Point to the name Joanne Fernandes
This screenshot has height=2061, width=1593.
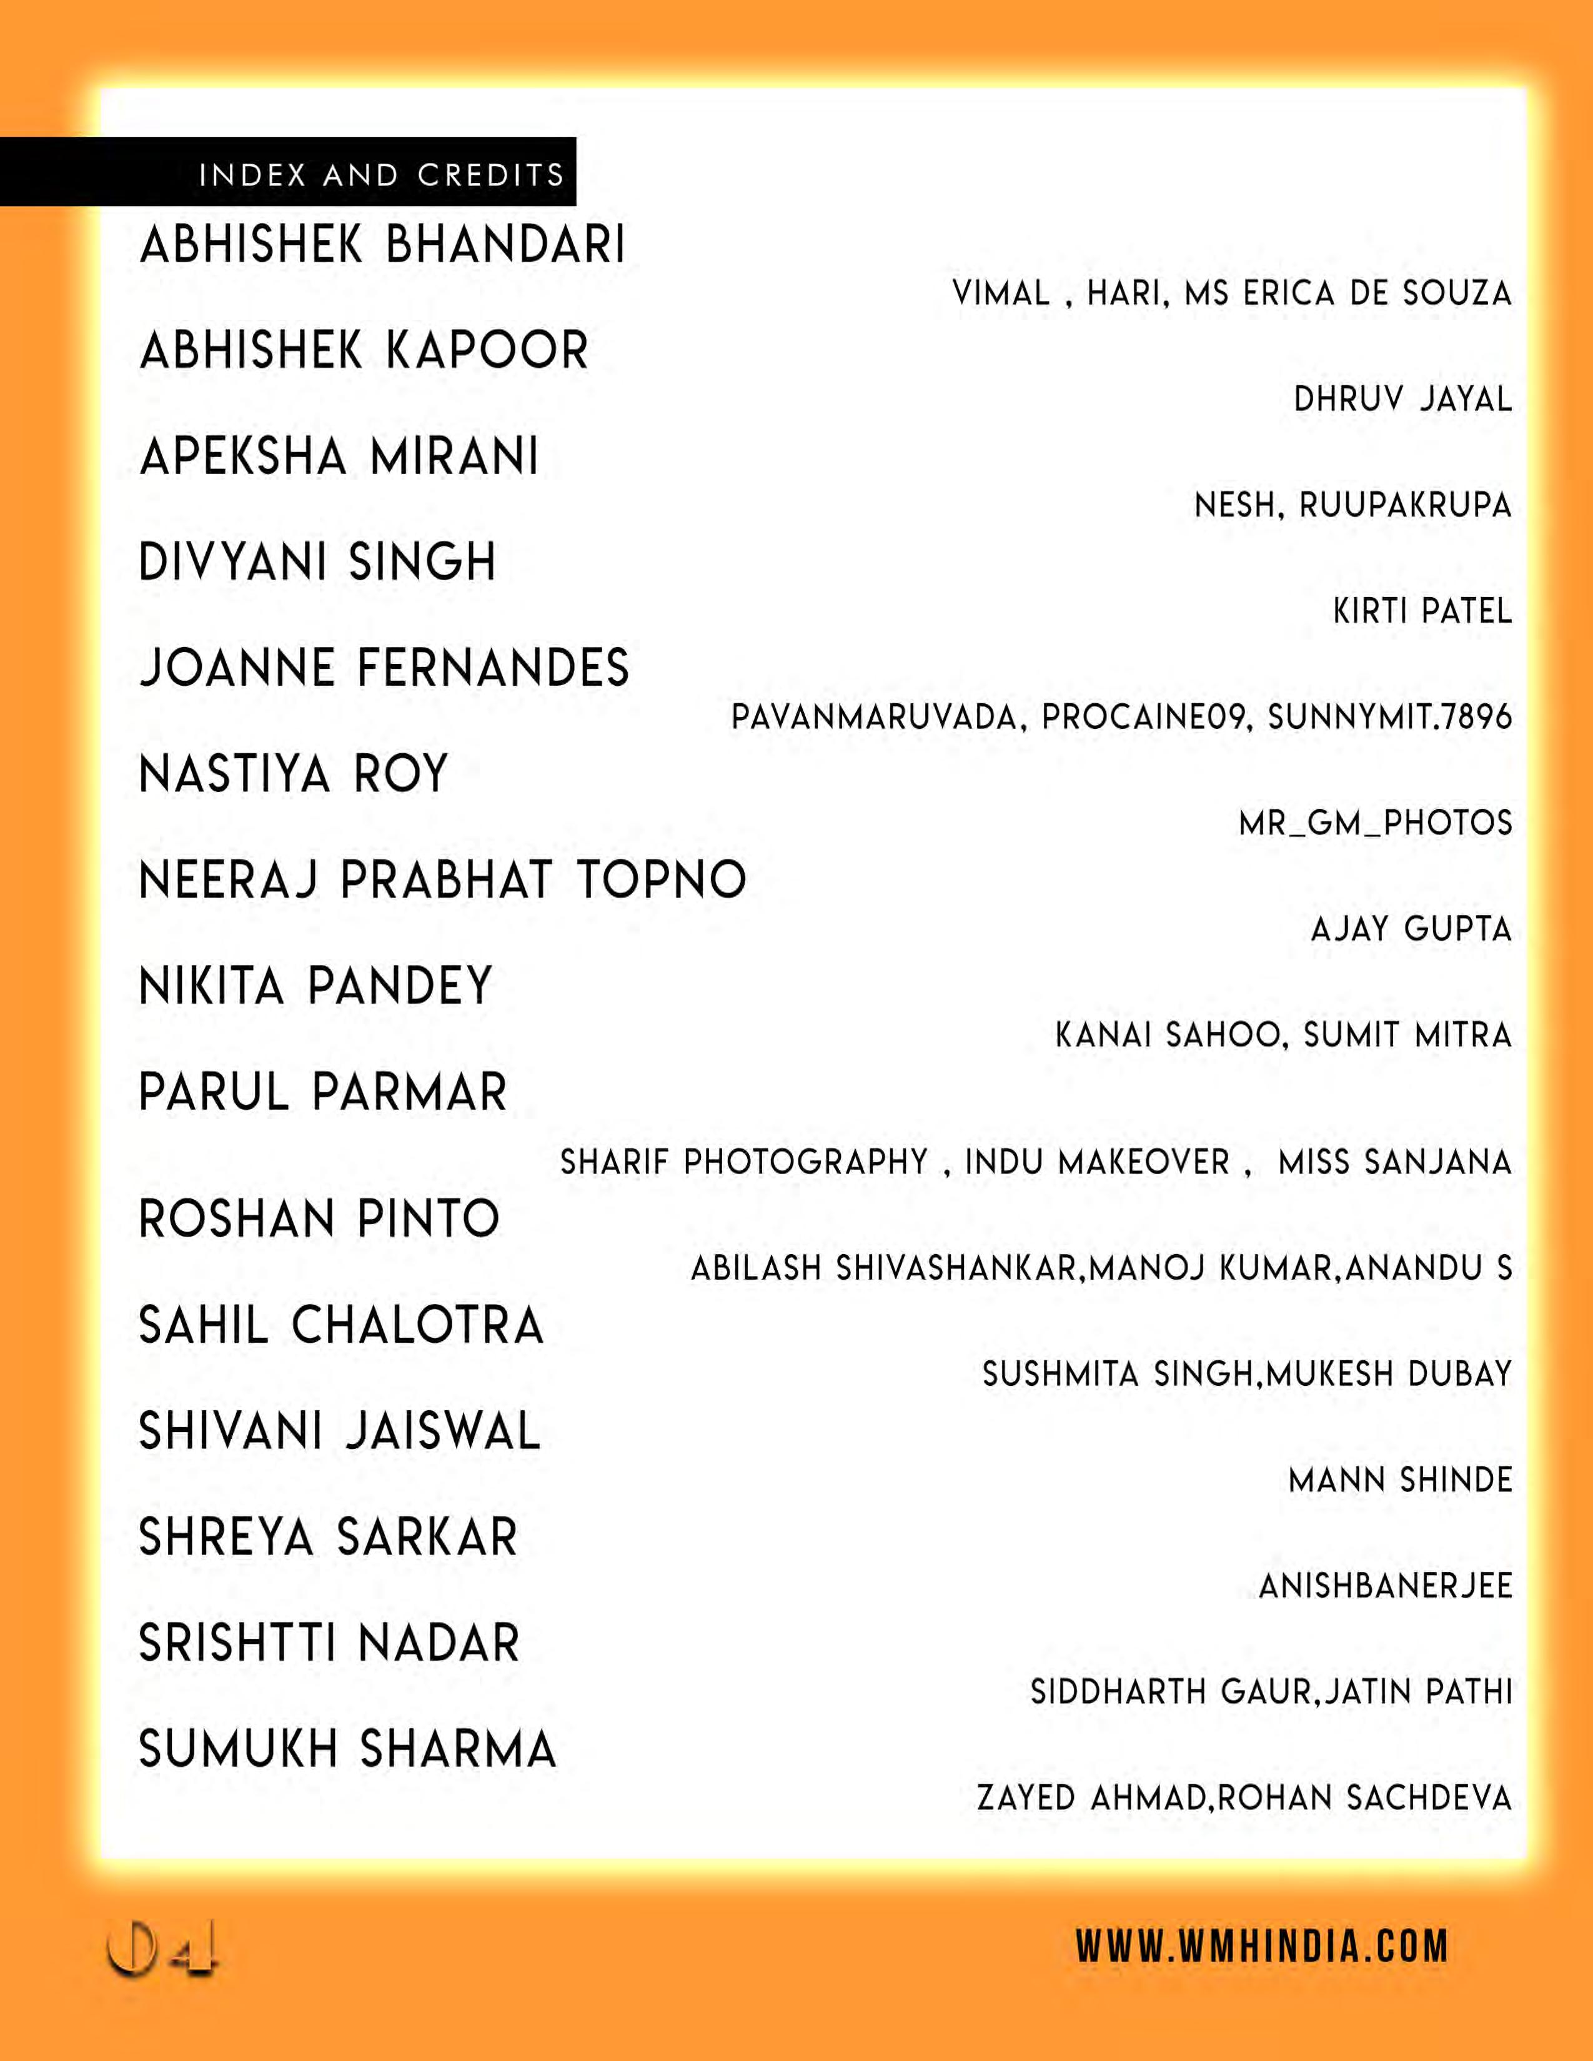[x=384, y=668]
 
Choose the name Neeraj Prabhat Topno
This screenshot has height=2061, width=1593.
[x=443, y=879]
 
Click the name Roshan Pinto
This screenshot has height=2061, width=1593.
[x=319, y=1218]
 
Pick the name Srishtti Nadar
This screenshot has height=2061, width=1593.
[x=329, y=1643]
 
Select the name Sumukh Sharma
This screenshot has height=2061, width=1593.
[x=347, y=1749]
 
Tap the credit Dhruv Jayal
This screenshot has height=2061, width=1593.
[x=1402, y=399]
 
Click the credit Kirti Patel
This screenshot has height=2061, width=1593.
[x=1422, y=611]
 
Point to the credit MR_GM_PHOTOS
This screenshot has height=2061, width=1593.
[x=1375, y=824]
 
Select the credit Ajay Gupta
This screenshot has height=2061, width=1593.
[x=1411, y=929]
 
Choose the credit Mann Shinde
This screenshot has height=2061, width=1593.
[x=1401, y=1480]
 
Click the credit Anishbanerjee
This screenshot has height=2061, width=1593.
[x=1386, y=1586]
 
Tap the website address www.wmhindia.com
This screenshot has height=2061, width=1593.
[x=1262, y=1947]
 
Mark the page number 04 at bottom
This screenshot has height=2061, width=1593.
[x=162, y=1948]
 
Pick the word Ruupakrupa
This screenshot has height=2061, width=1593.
[x=1405, y=506]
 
